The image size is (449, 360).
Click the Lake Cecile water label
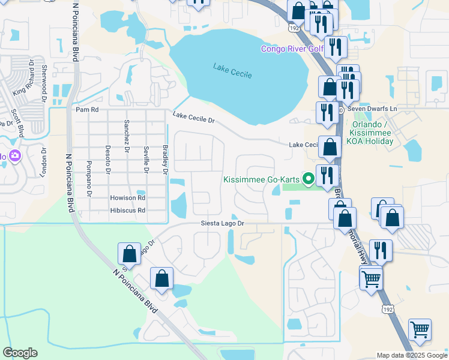click(x=232, y=70)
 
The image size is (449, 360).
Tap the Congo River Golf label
click(x=292, y=49)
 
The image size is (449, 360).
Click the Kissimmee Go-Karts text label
click(x=261, y=179)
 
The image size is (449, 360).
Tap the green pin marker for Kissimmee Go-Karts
click(x=309, y=178)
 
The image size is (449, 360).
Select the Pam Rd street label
click(x=86, y=110)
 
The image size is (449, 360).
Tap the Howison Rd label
click(x=127, y=197)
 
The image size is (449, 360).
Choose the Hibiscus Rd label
click(x=127, y=211)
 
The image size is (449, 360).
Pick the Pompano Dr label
click(x=88, y=178)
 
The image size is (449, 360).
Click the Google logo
click(x=20, y=353)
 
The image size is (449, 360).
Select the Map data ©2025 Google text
click(x=411, y=355)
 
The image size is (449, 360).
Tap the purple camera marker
click(x=14, y=156)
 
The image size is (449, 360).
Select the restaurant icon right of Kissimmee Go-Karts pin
click(x=327, y=175)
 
